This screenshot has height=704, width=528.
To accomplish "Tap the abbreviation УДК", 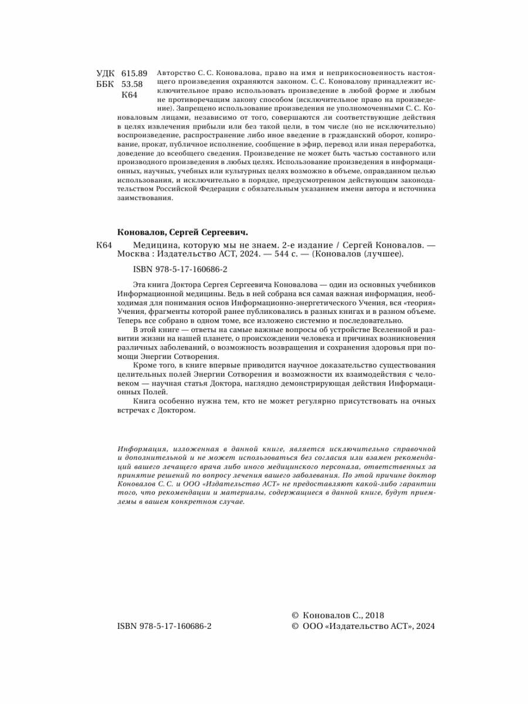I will [106, 73].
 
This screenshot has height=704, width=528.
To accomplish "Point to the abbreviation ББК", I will [106, 84].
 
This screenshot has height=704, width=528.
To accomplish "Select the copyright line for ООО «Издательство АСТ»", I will [363, 627].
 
